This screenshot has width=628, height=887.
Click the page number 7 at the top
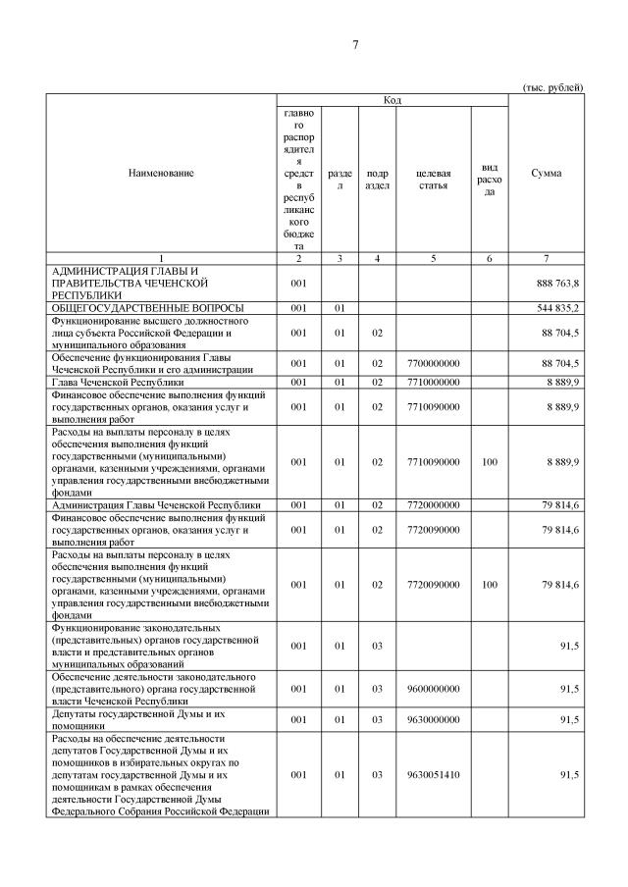[355, 44]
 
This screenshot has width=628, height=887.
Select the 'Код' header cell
[392, 100]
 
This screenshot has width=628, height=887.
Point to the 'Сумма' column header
[546, 173]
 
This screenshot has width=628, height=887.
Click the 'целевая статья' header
[433, 179]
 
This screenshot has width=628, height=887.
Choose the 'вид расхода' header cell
[490, 180]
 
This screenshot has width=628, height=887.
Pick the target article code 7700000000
[433, 363]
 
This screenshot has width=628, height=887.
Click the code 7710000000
[433, 382]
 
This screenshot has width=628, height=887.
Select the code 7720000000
[433, 505]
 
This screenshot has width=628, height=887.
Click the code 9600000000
[433, 689]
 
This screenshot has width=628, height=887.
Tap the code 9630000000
[433, 720]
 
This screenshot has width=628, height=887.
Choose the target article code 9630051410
[433, 775]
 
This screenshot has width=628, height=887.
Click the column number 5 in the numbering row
[433, 258]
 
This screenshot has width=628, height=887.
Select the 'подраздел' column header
[377, 179]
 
